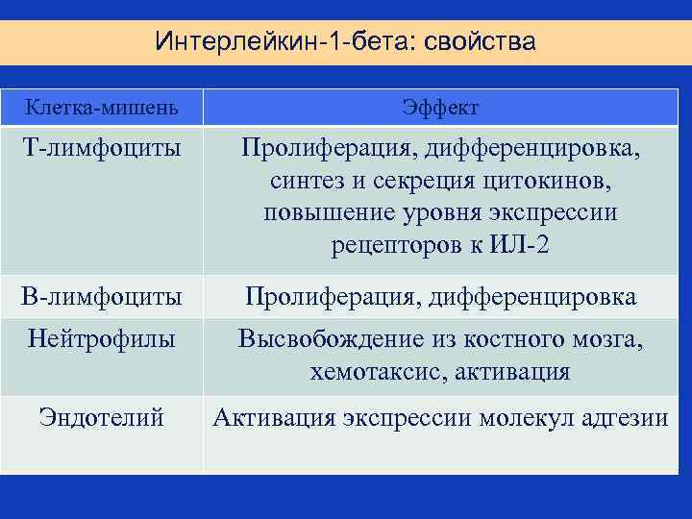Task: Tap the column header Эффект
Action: tap(441, 106)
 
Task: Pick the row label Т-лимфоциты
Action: tap(101, 149)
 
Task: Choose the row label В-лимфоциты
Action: tap(101, 297)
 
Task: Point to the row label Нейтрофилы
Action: tap(101, 339)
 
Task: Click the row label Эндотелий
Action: tap(101, 417)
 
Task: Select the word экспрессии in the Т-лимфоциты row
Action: tap(554, 212)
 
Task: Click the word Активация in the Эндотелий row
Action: tap(273, 417)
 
